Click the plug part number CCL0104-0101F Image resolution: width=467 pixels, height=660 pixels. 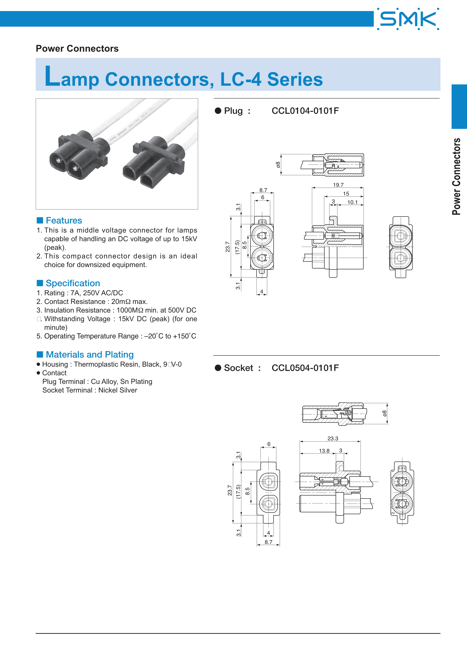pyautogui.click(x=305, y=111)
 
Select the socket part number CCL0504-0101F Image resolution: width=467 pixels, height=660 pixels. pyautogui.click(x=305, y=368)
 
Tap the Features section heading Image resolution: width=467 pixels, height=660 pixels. pyautogui.click(x=64, y=221)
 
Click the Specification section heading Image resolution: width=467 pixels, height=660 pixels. pyautogui.click(x=73, y=283)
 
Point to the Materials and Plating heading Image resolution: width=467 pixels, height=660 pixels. pyautogui.click(x=90, y=354)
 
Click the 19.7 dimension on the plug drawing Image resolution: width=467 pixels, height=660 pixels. pyautogui.click(x=338, y=185)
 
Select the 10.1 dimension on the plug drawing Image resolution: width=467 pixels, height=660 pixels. pyautogui.click(x=352, y=202)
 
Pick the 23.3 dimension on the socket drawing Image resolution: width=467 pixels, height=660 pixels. pyautogui.click(x=333, y=438)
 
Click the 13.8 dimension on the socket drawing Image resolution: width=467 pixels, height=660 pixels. pyautogui.click(x=324, y=451)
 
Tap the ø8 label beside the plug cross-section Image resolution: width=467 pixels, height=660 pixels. pyautogui.click(x=278, y=165)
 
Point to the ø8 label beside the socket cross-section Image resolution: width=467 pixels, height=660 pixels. pyautogui.click(x=385, y=413)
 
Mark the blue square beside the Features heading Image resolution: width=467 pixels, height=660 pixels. pyautogui.click(x=40, y=221)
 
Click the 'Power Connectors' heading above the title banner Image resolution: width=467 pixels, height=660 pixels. pyautogui.click(x=77, y=49)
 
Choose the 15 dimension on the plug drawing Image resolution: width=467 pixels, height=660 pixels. pyautogui.click(x=346, y=194)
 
